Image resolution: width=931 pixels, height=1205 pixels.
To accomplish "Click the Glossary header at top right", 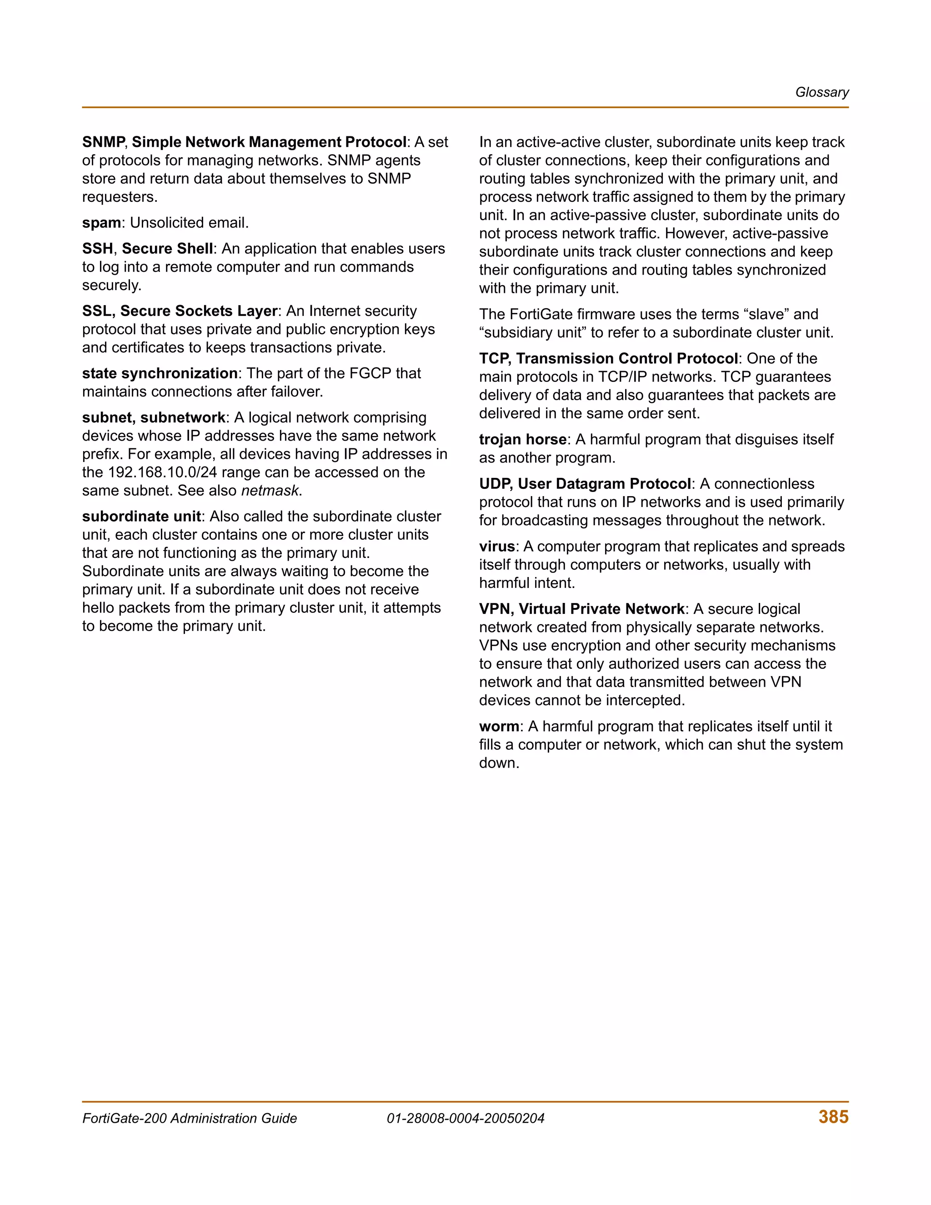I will (821, 92).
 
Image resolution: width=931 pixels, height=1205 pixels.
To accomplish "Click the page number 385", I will (833, 1117).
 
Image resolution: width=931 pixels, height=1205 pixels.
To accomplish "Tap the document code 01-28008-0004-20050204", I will (465, 1119).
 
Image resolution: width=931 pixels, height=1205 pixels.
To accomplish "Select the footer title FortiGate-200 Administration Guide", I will (189, 1119).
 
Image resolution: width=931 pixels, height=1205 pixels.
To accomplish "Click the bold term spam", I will (101, 223).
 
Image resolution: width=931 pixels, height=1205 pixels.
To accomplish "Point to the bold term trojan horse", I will (522, 440).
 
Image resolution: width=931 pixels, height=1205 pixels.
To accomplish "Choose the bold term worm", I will (499, 727).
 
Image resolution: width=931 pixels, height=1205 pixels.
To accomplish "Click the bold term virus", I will (496, 546).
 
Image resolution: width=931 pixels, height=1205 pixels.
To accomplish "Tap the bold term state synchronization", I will (160, 373).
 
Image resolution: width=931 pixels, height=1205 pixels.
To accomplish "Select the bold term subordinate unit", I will (141, 517).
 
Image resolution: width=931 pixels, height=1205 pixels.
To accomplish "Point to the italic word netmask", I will (270, 491).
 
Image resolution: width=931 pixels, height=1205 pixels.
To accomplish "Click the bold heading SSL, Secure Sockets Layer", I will (179, 311).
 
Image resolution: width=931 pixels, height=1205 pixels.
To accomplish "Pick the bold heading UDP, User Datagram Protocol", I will (585, 484).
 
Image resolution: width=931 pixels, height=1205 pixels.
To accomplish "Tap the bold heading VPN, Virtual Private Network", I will (581, 609).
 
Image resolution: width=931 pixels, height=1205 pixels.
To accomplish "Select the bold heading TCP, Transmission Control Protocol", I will (608, 359).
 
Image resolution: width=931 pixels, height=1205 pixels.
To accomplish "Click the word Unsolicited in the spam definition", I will (168, 223).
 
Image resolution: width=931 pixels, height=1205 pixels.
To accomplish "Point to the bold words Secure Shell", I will (167, 249).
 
